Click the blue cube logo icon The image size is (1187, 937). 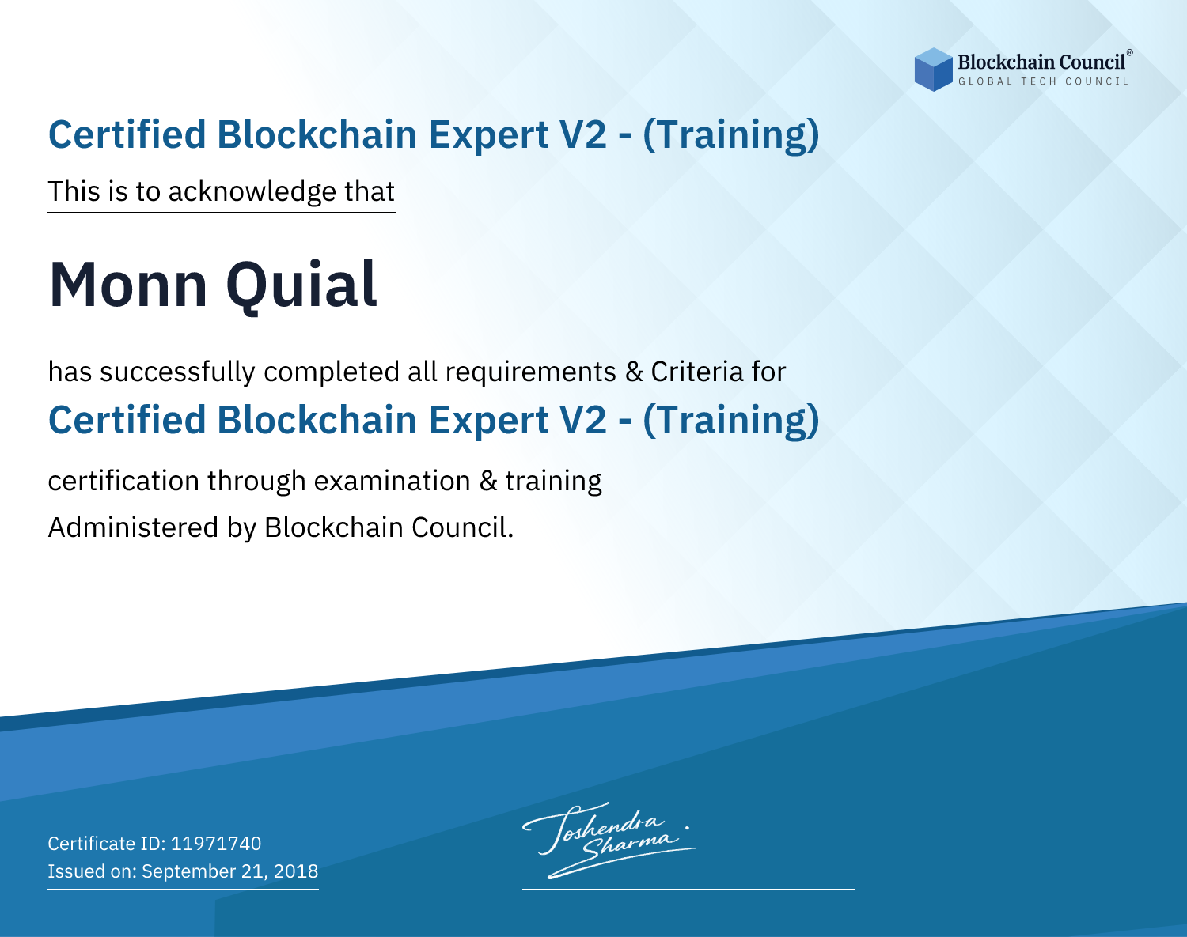coord(933,70)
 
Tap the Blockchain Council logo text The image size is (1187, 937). coord(1041,62)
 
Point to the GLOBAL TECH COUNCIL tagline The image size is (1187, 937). coord(1044,81)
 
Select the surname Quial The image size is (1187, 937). coord(301,286)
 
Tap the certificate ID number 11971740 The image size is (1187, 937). coord(216,843)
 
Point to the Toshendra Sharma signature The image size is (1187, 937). coord(609,840)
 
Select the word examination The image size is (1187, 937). coord(392,481)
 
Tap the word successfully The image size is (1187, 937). coord(177,372)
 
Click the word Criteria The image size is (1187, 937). coord(696,372)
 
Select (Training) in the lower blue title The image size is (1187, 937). coord(731,421)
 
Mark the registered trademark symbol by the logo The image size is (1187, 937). coord(1130,52)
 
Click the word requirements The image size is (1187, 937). coord(531,372)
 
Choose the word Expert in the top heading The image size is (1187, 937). coord(488,135)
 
